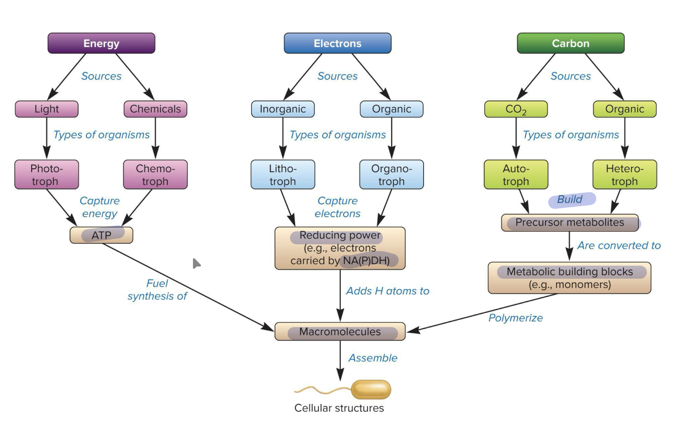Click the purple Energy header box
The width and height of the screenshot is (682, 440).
[x=101, y=43]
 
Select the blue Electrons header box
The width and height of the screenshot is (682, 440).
[x=337, y=43]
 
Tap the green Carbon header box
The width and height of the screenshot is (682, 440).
[x=570, y=43]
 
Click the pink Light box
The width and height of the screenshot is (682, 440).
[x=47, y=109]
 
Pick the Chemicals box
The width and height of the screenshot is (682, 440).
[x=155, y=109]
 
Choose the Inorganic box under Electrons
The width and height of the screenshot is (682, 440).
[x=282, y=109]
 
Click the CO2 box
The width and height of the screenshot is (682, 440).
[x=516, y=109]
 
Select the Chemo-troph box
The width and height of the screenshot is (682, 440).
[x=155, y=174]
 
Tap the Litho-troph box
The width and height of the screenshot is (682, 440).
[x=282, y=174]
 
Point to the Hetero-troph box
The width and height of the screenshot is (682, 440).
[x=624, y=174]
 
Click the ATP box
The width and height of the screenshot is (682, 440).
[x=101, y=235]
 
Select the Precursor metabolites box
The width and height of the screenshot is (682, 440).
[x=570, y=223]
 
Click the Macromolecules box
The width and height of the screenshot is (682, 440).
[x=340, y=332]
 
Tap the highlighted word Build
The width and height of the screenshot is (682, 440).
[x=570, y=199]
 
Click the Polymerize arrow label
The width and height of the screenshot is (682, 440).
[x=515, y=318]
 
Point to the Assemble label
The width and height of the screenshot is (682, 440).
[x=373, y=358]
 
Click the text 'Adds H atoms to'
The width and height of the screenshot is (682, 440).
[x=387, y=291]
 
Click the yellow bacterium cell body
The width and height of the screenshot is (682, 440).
[x=371, y=389]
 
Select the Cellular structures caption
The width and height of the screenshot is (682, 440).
[x=339, y=408]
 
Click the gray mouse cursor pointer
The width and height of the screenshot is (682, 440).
[x=196, y=263]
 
